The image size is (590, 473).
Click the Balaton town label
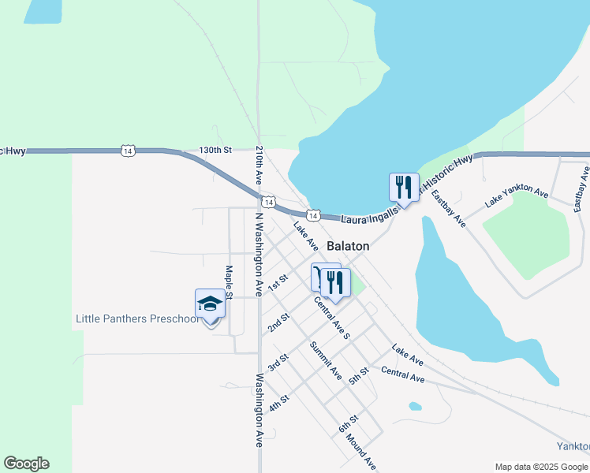[x=348, y=246]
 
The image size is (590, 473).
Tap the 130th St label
[x=215, y=149]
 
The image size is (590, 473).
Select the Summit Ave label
[x=325, y=359]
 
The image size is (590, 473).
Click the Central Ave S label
[x=331, y=317]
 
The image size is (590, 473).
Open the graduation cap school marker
[x=210, y=304]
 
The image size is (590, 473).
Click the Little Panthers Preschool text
[x=137, y=319]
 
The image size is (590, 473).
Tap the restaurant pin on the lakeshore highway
[x=404, y=188]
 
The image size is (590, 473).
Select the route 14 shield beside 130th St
[x=128, y=150]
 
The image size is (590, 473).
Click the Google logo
[x=27, y=464]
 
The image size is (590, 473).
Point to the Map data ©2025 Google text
[x=540, y=467]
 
